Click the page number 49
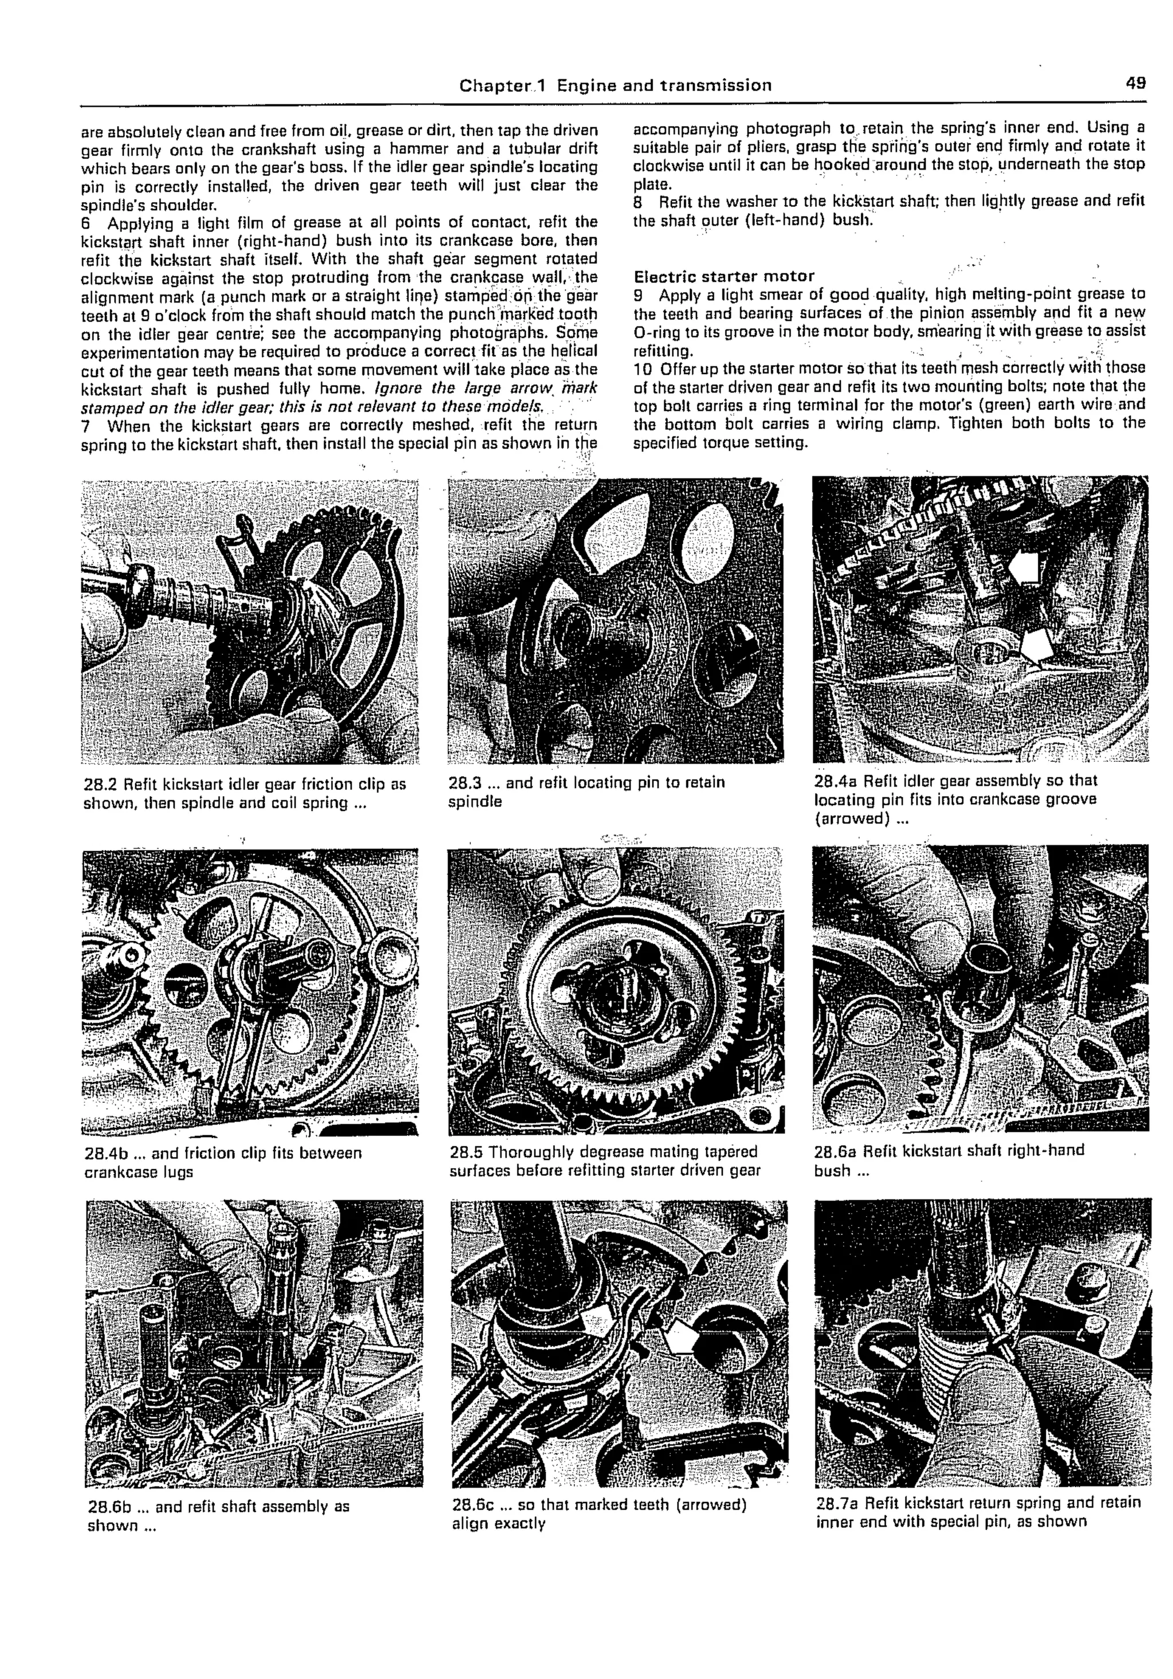pos(1136,82)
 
